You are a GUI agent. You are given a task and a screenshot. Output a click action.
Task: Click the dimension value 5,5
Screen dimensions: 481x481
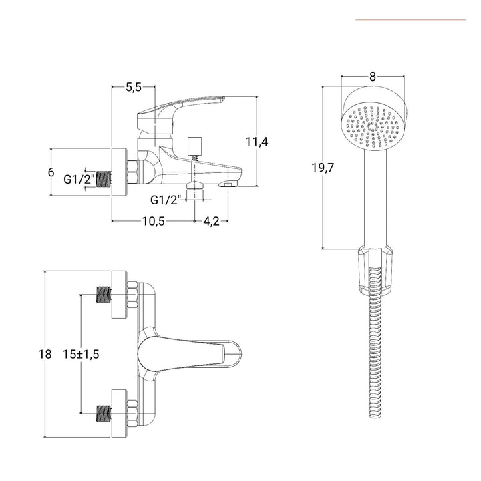click(x=134, y=87)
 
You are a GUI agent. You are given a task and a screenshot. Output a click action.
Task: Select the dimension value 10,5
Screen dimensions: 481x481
click(x=152, y=222)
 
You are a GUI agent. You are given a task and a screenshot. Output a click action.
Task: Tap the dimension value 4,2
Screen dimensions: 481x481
click(x=212, y=222)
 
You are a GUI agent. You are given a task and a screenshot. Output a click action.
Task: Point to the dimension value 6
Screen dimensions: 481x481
click(x=51, y=172)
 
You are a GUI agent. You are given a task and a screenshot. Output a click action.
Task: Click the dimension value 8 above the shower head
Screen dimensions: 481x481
click(x=372, y=76)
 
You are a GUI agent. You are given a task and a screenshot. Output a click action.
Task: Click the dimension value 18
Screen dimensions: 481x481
click(x=45, y=355)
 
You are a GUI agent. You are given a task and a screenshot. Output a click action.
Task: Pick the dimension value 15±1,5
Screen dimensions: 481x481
click(x=82, y=355)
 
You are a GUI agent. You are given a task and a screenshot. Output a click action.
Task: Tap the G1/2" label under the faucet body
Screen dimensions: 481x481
click(x=166, y=200)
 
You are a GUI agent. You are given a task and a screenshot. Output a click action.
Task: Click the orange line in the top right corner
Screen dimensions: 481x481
click(x=410, y=19)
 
